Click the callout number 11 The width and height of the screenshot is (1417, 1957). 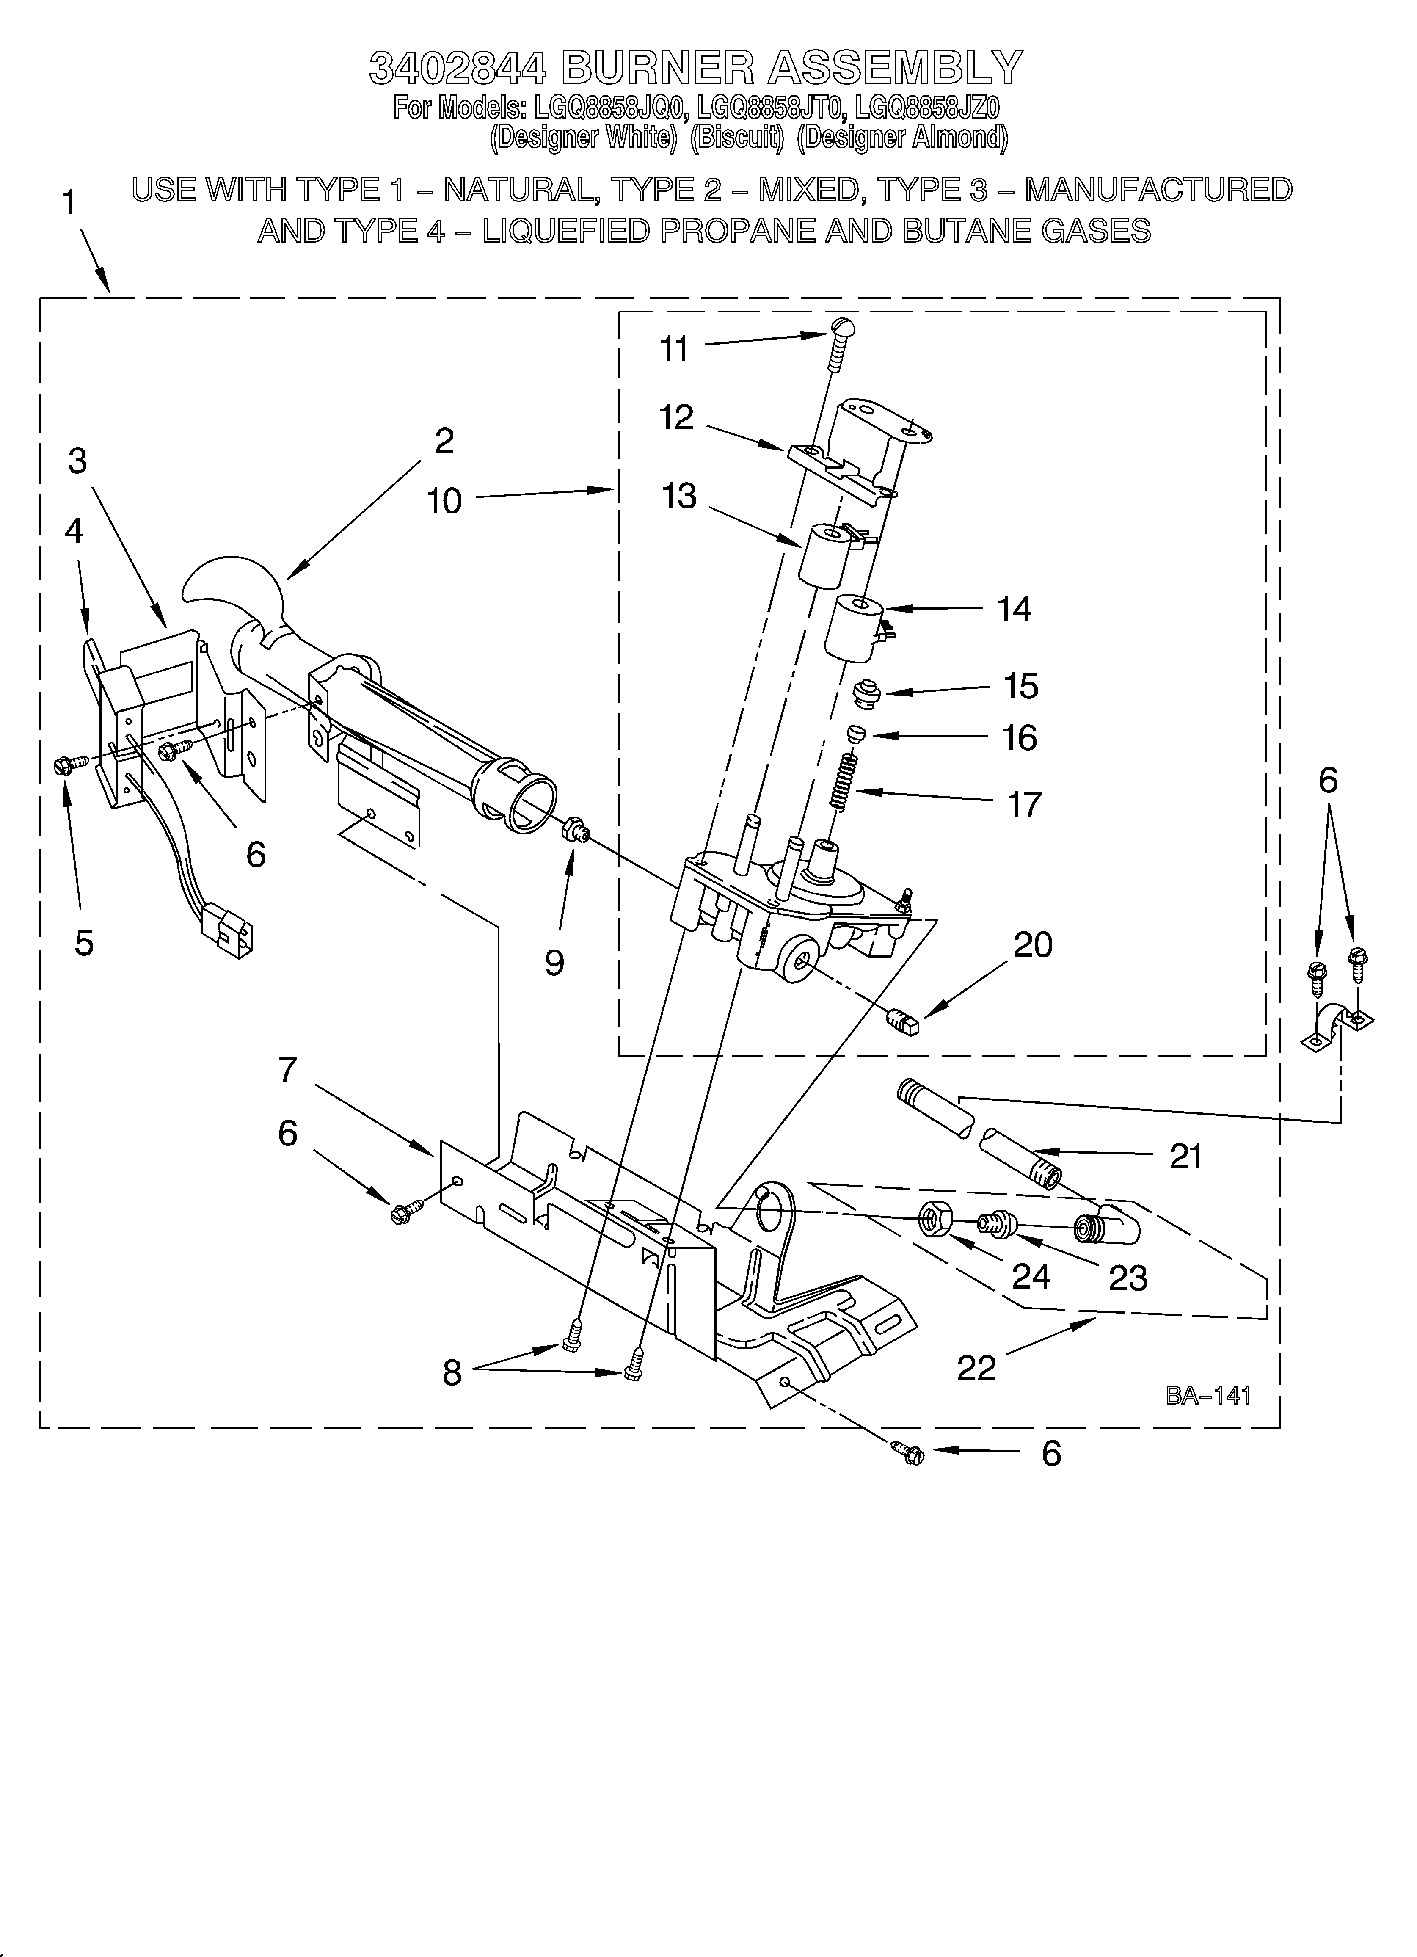pos(674,350)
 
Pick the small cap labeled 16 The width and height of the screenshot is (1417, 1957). pos(855,734)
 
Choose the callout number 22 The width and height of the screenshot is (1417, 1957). pos(976,1367)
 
